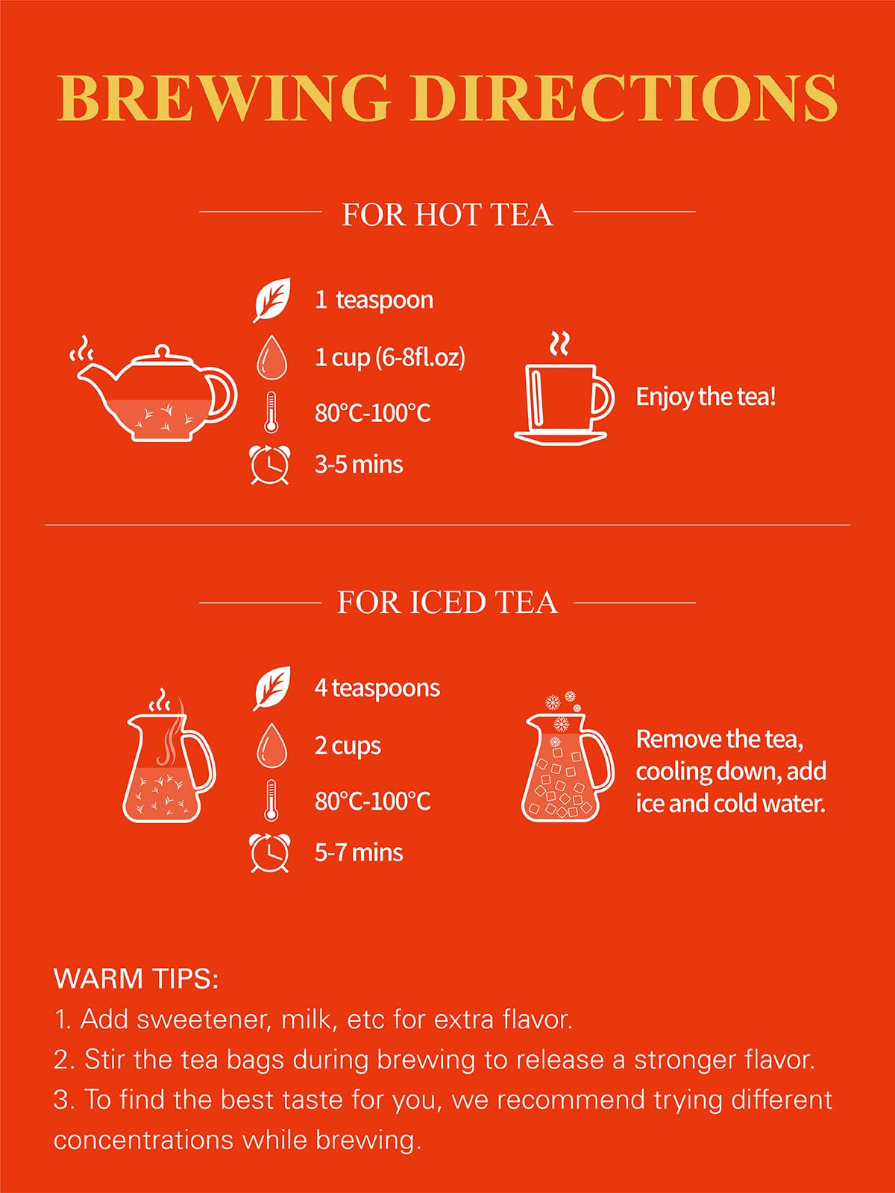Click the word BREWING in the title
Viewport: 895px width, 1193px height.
pyautogui.click(x=224, y=98)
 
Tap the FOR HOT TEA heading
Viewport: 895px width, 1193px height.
pyautogui.click(x=447, y=215)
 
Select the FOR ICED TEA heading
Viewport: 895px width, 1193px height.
pyautogui.click(x=447, y=602)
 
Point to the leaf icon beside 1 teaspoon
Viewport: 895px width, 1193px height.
pyautogui.click(x=271, y=300)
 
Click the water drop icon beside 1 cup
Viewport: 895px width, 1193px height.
pyautogui.click(x=271, y=357)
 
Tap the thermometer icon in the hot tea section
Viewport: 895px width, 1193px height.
pyautogui.click(x=271, y=412)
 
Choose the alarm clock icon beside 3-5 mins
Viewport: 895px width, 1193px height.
pyautogui.click(x=269, y=465)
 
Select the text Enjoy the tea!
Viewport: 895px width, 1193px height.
pyautogui.click(x=706, y=397)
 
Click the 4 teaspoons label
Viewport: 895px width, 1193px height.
pyautogui.click(x=377, y=688)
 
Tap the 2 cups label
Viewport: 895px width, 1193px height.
pyautogui.click(x=348, y=746)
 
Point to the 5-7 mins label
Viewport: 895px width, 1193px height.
pyautogui.click(x=359, y=853)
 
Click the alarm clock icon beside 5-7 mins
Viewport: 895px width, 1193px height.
pyautogui.click(x=269, y=853)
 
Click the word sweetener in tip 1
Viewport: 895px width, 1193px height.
pyautogui.click(x=203, y=1019)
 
